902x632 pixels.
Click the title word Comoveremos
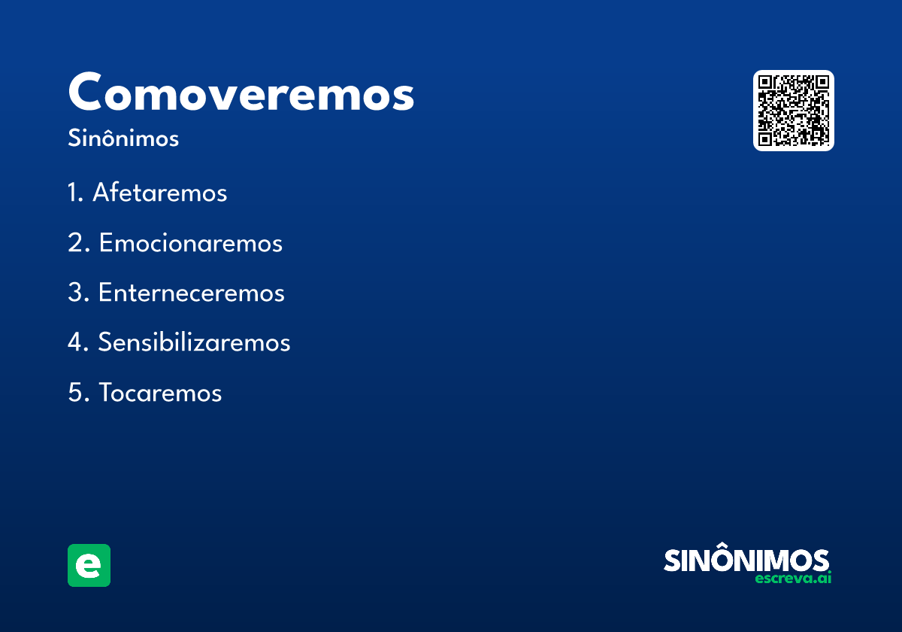tap(241, 93)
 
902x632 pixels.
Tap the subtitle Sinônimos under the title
tap(123, 139)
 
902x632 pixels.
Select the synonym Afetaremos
tap(159, 193)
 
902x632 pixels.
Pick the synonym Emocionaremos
tap(190, 244)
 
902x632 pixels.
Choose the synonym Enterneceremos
tap(191, 293)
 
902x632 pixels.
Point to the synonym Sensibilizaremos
tap(194, 343)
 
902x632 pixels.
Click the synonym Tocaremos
tap(160, 393)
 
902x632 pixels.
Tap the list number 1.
tap(74, 193)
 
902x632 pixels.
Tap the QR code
tap(793, 111)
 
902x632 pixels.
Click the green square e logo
tap(89, 565)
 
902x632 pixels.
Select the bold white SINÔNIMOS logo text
tap(746, 561)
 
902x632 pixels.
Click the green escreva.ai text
tap(793, 579)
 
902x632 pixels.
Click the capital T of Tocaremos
tap(106, 393)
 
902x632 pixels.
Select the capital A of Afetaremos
tap(101, 193)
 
